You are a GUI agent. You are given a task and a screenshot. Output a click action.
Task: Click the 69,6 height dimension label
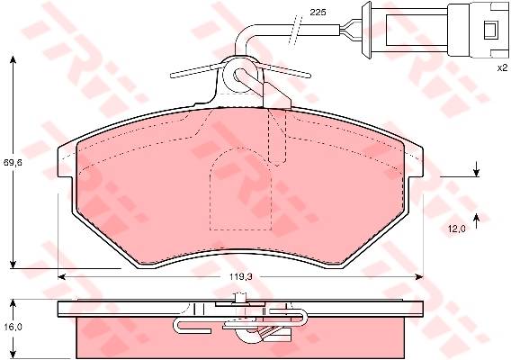13,162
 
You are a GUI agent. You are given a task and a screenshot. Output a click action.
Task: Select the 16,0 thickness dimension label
13,327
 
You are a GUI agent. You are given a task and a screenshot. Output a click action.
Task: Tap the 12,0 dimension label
456,229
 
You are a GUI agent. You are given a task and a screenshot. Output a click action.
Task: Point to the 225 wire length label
318,13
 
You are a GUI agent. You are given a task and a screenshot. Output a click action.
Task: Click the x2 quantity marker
502,67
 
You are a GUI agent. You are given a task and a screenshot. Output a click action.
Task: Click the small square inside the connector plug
490,31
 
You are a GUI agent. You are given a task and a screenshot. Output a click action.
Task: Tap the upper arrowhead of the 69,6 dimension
13,59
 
